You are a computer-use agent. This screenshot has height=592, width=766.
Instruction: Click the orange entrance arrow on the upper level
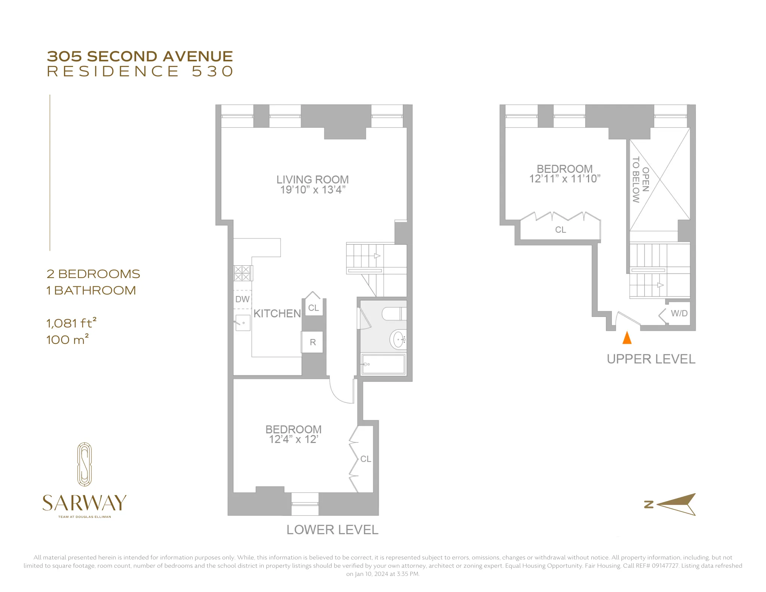[x=627, y=338]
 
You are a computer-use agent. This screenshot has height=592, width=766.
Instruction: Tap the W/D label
[x=679, y=313]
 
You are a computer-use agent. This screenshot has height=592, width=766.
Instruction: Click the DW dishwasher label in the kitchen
[x=242, y=299]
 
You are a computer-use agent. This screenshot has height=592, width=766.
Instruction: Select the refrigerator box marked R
[x=313, y=342]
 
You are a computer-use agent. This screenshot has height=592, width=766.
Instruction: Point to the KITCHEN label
[x=277, y=314]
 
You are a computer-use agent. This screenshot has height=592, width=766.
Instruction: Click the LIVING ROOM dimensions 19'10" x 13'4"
[x=313, y=190]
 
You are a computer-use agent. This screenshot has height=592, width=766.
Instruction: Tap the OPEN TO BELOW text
[x=641, y=180]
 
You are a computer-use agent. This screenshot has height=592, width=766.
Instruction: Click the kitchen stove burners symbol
[x=242, y=273]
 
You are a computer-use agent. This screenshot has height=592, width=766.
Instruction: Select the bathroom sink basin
[x=399, y=340]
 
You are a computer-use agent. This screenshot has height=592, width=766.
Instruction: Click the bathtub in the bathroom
[x=383, y=364]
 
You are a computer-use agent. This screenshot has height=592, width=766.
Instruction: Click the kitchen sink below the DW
[x=243, y=323]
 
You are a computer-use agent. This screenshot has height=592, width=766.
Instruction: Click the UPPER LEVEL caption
[x=651, y=359]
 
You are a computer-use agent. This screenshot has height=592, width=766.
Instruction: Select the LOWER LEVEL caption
[x=332, y=530]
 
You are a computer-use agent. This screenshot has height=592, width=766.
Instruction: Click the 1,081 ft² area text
[x=71, y=323]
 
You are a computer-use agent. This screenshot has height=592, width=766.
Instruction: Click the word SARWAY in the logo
[x=85, y=503]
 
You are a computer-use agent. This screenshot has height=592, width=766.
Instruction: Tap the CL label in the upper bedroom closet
[x=560, y=230]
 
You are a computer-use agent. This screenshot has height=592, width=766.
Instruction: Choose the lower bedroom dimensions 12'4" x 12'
[x=294, y=439]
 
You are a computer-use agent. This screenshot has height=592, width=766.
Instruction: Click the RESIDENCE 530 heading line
[x=140, y=71]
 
